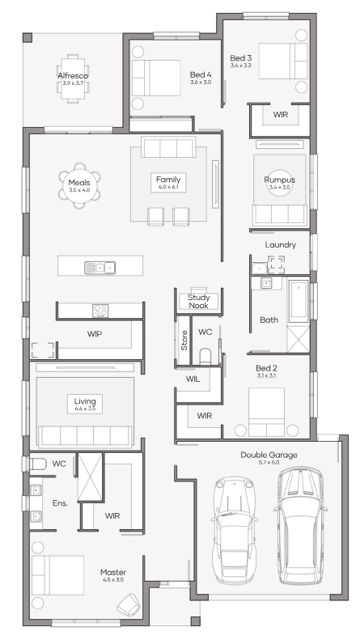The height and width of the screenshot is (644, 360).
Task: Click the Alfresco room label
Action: (x=73, y=75)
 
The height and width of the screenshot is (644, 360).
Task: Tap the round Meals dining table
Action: (x=79, y=185)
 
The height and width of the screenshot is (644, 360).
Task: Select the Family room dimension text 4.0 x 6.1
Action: (x=168, y=187)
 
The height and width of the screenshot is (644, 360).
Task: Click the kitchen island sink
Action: (x=100, y=267)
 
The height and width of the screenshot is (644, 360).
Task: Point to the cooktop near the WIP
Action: (x=100, y=311)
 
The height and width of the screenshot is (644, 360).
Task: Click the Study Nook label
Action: (x=199, y=302)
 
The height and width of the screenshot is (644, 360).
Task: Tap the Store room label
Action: (x=184, y=340)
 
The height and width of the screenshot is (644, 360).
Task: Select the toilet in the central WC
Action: (x=205, y=356)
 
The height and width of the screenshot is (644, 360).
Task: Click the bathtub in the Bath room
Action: (x=299, y=301)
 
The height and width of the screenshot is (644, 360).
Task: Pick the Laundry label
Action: (x=281, y=245)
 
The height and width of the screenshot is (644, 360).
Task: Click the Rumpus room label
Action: (x=280, y=180)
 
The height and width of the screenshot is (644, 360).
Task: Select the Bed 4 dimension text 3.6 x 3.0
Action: (x=201, y=83)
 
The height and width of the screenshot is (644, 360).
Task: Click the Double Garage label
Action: (x=269, y=455)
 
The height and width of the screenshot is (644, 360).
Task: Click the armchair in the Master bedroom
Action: (x=129, y=604)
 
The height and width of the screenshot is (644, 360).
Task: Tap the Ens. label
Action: (x=60, y=503)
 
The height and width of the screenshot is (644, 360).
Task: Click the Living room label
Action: (x=85, y=401)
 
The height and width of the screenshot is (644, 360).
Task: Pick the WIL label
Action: (x=193, y=379)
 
